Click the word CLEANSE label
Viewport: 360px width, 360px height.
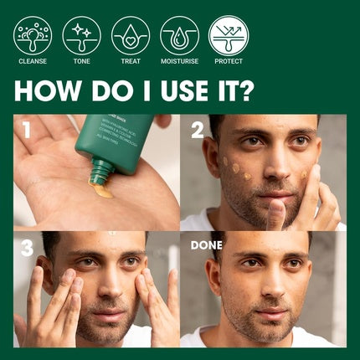pyautogui.click(x=33, y=62)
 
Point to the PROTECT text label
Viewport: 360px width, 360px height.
pyautogui.click(x=229, y=62)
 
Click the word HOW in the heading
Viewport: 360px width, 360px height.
pyautogui.click(x=49, y=90)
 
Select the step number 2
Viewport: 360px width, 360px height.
pyautogui.click(x=198, y=131)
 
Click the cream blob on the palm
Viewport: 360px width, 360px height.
pyautogui.click(x=102, y=192)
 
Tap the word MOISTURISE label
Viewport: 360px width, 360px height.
pyautogui.click(x=179, y=62)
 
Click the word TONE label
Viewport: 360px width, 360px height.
pyautogui.click(x=81, y=62)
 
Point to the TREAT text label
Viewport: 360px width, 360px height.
pyautogui.click(x=131, y=62)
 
